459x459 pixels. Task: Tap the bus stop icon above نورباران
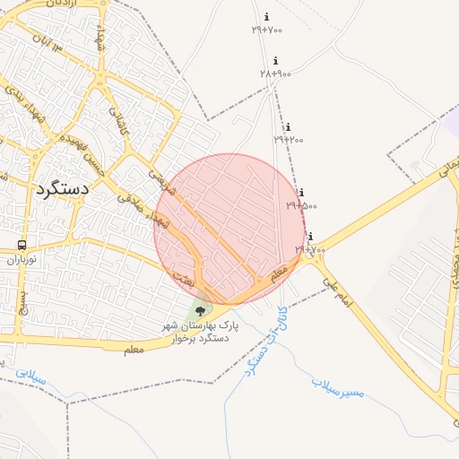[22, 245]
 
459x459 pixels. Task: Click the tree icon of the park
[199, 311]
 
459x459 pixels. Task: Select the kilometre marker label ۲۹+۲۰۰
[289, 139]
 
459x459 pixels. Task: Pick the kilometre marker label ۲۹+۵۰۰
[302, 205]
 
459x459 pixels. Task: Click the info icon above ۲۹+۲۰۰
[288, 127]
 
